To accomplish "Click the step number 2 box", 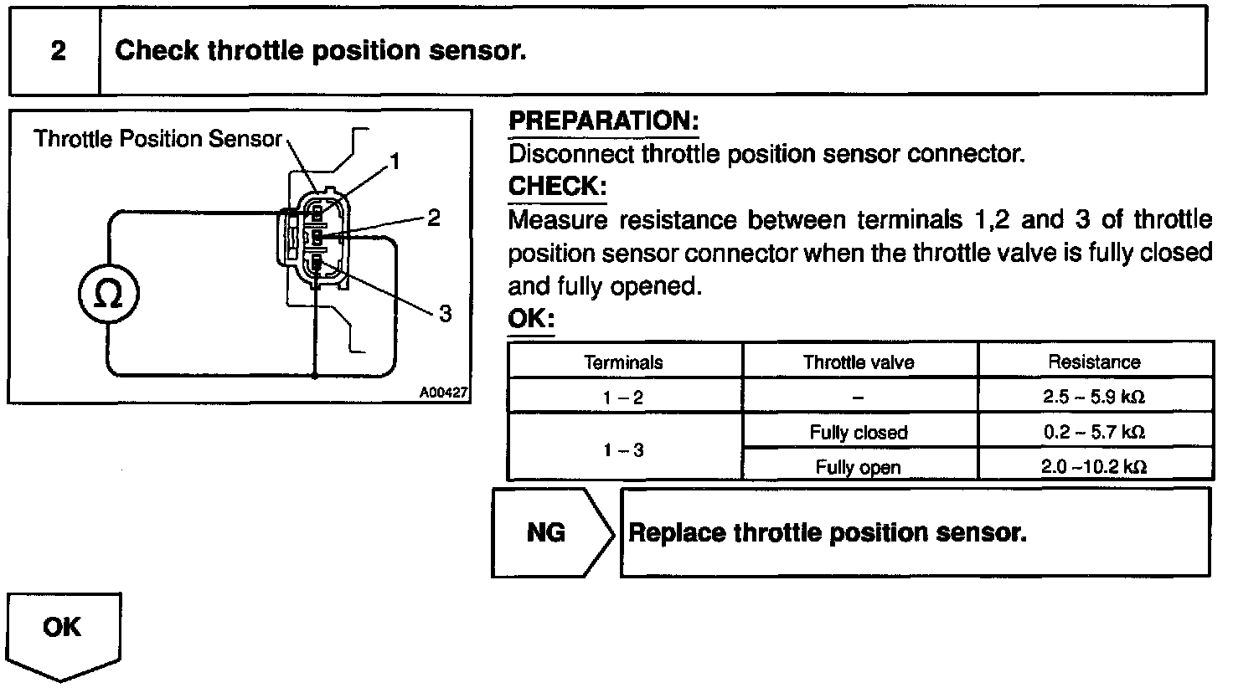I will point(57,51).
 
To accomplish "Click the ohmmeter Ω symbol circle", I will point(108,295).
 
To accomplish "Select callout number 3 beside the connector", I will point(445,314).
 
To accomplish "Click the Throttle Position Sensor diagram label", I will point(157,139).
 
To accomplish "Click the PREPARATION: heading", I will point(603,121).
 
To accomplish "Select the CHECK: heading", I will point(557,186).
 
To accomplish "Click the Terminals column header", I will point(624,362).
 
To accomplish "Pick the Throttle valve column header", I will point(859,362).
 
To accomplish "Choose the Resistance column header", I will point(1094,362).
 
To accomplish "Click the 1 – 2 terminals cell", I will point(624,398).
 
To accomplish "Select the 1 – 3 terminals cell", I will point(624,449).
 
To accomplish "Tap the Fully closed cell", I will point(859,433).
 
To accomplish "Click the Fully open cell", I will point(859,467).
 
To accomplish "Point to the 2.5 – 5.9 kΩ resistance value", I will point(1094,398).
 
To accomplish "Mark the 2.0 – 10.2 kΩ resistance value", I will point(1094,467).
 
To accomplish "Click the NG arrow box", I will point(549,533).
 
